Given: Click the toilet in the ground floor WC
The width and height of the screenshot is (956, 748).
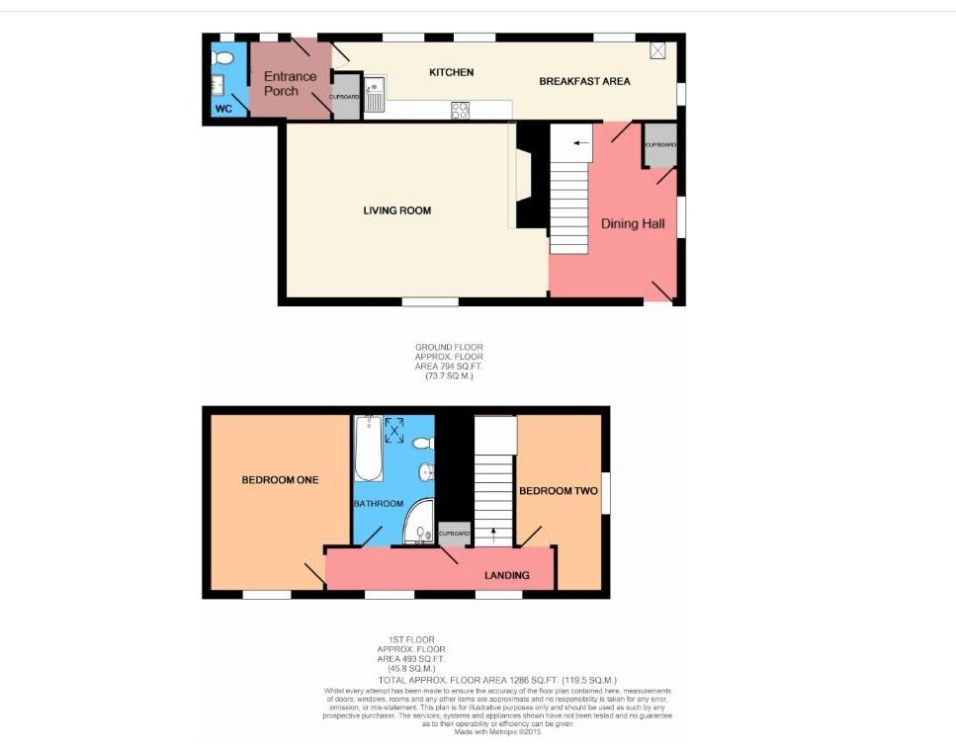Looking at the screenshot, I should click(221, 58).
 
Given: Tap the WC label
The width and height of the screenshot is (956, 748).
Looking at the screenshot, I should click(223, 109).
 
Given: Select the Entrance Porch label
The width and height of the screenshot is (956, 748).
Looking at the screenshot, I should click(290, 84).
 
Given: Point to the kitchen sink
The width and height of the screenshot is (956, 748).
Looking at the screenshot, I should click(376, 96).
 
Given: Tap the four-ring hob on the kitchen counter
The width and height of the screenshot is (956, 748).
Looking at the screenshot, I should click(461, 110).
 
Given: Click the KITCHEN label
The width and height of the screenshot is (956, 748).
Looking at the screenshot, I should click(451, 72).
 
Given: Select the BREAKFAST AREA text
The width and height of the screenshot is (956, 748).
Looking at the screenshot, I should click(584, 81).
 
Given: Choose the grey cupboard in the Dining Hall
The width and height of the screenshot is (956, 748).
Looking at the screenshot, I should click(660, 146).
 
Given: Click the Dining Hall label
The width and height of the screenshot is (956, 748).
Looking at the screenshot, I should click(633, 224).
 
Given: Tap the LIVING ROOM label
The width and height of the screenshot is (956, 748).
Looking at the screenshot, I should click(396, 210).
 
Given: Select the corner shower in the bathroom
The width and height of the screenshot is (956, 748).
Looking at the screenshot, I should click(420, 526).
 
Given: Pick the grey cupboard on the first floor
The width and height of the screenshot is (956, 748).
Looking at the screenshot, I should click(455, 535).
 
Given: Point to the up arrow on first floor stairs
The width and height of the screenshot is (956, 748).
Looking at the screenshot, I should click(493, 536).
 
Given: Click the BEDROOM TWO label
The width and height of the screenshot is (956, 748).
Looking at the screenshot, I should click(559, 491).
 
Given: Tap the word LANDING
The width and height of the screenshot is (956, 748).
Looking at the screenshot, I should click(506, 575).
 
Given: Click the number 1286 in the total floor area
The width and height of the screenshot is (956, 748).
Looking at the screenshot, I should click(521, 680).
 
